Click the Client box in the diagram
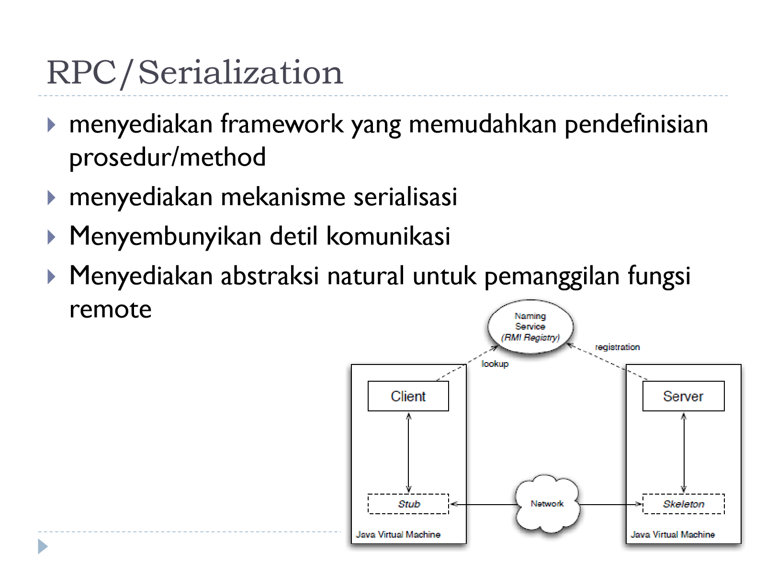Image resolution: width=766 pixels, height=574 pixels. click(408, 396)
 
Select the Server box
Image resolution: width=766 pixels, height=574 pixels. click(683, 396)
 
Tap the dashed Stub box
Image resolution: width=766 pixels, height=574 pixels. click(408, 504)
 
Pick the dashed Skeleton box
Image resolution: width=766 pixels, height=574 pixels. click(683, 504)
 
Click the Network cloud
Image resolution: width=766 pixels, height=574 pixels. click(547, 504)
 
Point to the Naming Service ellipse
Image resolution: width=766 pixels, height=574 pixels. click(530, 327)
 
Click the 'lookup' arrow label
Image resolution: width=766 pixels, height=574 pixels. click(495, 364)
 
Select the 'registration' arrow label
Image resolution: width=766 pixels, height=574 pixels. click(617, 347)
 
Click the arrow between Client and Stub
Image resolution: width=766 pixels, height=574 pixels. click(408, 453)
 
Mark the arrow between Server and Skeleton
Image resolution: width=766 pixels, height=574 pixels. click(684, 453)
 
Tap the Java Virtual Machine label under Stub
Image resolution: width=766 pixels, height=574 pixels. click(398, 534)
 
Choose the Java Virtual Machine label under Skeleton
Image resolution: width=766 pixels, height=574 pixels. click(673, 534)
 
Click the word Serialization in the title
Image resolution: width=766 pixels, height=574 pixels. click(241, 72)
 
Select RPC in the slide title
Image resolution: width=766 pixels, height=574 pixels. click(81, 72)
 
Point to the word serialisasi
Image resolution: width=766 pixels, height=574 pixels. click(405, 197)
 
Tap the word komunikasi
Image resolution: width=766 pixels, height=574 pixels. click(388, 236)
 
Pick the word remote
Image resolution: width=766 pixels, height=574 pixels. click(110, 309)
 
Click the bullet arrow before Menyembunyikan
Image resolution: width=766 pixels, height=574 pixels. click(51, 237)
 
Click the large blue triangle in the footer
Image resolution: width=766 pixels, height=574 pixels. click(43, 546)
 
